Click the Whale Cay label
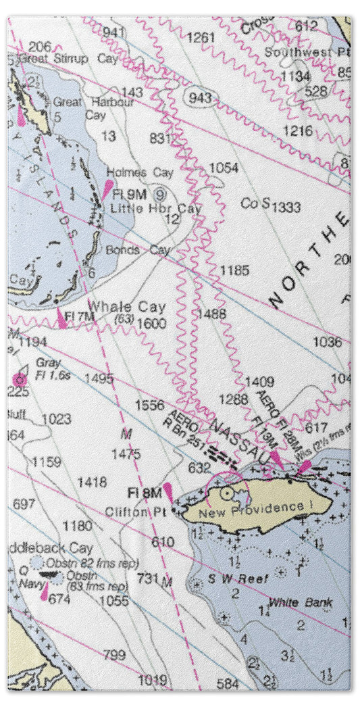tap(127, 307)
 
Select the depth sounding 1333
tap(286, 207)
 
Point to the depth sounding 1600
tap(151, 324)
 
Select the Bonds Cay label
tap(138, 250)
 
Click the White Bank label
tap(292, 602)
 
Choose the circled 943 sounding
tap(200, 99)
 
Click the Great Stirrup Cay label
tap(68, 59)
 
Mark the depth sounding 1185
tap(234, 271)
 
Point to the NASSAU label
tap(237, 437)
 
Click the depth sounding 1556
tap(149, 405)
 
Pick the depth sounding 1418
tap(92, 482)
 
